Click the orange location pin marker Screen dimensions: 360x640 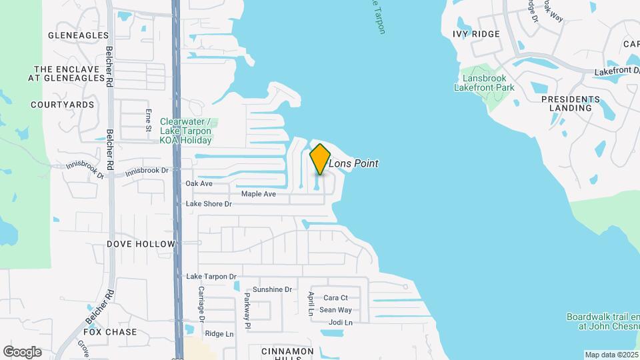pos(320,159)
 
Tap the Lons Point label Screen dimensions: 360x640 pos(354,163)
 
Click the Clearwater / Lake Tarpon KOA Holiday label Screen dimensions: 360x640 pos(186,131)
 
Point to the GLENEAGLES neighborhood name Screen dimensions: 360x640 pos(78,35)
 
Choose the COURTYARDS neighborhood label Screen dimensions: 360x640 pos(63,105)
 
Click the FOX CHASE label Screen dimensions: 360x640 pos(111,332)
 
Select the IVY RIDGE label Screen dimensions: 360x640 pos(476,34)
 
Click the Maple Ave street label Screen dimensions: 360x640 pos(258,194)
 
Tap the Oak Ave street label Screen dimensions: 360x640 pos(199,183)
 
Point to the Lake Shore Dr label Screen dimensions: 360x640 pos(209,204)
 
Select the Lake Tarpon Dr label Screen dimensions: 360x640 pos(211,277)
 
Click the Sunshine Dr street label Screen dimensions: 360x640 pos(273,289)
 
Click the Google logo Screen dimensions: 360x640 pos(22,352)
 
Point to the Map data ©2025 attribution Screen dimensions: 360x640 pos(611,355)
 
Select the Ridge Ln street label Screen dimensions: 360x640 pos(219,334)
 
